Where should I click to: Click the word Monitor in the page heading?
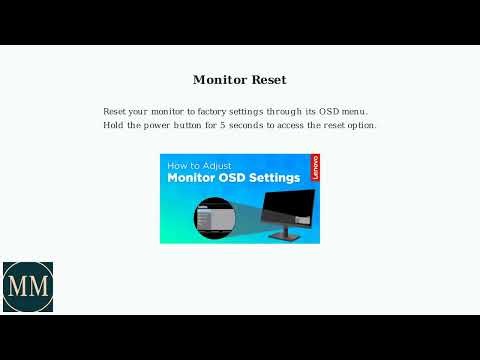pyautogui.click(x=219, y=79)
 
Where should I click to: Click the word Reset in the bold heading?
pyautogui.click(x=268, y=79)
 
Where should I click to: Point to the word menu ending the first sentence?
pyautogui.click(x=354, y=110)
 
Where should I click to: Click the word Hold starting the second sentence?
pyautogui.click(x=113, y=125)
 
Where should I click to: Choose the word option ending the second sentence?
pyautogui.click(x=361, y=125)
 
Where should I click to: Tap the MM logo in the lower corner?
pyautogui.click(x=27, y=288)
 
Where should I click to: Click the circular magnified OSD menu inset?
pyautogui.click(x=212, y=218)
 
